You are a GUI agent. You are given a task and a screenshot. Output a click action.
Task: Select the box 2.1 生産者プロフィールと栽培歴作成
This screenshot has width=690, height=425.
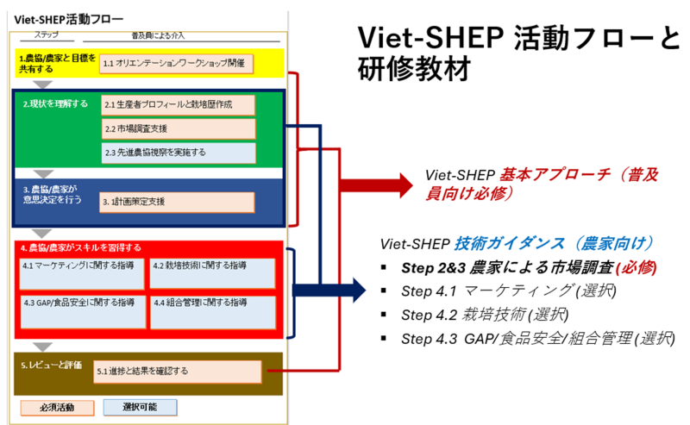(179, 104)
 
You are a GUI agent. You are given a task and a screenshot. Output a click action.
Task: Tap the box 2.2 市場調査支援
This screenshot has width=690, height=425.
(179, 128)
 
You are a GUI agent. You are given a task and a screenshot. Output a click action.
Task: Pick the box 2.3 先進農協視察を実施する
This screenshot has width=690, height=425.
(179, 153)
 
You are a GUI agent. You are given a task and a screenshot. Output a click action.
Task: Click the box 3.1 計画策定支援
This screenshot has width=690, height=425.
(177, 202)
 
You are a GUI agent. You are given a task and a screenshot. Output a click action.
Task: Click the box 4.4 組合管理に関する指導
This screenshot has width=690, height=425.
(213, 311)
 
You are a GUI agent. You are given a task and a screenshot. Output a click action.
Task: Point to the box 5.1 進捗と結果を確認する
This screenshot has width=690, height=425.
(177, 372)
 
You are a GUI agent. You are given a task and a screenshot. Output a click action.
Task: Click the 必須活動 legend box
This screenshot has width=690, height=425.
(56, 406)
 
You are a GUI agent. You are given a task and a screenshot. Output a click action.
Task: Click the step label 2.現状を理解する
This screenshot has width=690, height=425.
(55, 103)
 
